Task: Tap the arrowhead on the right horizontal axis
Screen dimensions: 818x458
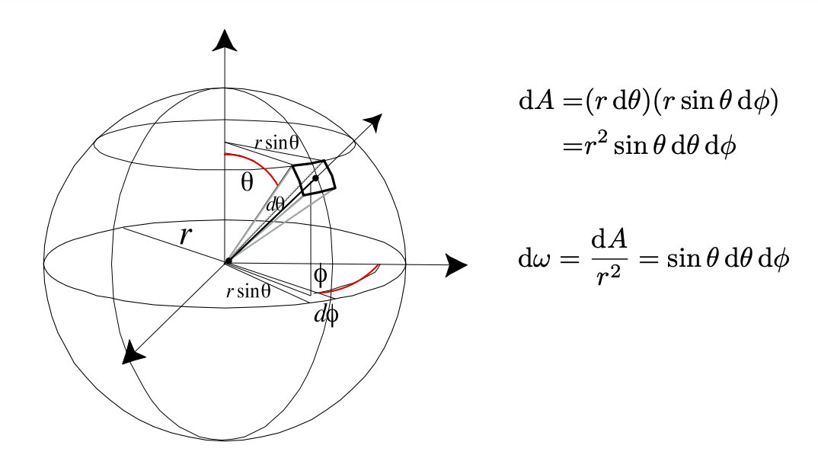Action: [x=456, y=264]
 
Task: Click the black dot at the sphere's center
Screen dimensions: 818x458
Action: [x=228, y=261]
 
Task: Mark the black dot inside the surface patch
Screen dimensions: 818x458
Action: [x=315, y=178]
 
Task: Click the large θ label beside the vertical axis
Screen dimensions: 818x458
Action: [x=247, y=182]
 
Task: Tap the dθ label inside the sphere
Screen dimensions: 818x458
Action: [x=276, y=204]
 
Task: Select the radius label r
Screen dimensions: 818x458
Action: [x=184, y=236]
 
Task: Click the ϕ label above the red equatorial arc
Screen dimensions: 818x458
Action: [x=320, y=274]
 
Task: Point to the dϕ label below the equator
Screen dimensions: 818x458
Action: [x=326, y=315]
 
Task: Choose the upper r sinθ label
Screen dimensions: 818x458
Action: [x=276, y=143]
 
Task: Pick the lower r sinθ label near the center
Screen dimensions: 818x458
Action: [x=248, y=291]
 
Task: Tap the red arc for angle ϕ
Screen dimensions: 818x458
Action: [x=353, y=283]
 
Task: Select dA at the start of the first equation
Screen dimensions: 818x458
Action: [x=536, y=101]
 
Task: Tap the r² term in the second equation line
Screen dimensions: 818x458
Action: [x=596, y=146]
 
